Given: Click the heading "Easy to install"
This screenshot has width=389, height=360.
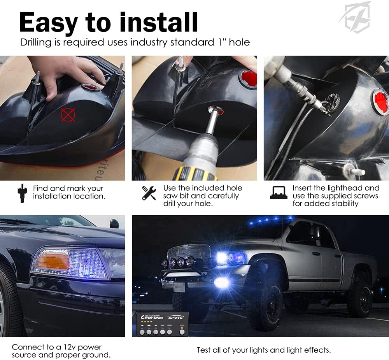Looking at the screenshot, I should tap(109, 22).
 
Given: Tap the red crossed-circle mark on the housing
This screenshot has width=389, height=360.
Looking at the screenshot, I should tap(68, 114).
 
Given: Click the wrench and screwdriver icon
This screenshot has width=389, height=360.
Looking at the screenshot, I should tap(149, 193).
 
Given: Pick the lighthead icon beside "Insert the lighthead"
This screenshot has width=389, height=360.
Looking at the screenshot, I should tap(279, 193).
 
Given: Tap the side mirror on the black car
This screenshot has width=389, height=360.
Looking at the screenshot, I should tap(114, 224).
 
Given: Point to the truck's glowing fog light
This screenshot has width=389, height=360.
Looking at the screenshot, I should tap(222, 283).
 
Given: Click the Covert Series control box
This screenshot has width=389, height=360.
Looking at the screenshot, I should tap(163, 324).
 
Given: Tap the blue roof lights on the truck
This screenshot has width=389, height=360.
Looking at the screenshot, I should tap(268, 221).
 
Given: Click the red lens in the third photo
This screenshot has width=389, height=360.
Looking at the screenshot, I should tap(380, 102).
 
